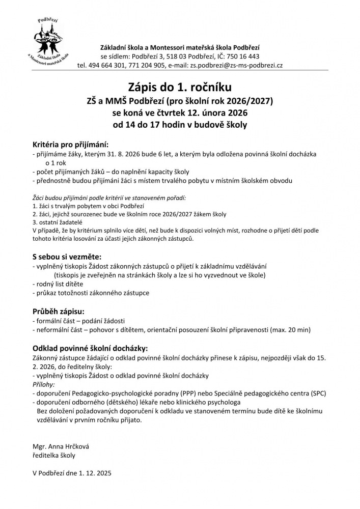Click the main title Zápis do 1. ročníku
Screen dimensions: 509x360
(179, 86)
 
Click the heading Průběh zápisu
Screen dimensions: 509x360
(58, 311)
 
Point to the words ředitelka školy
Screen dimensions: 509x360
(53, 456)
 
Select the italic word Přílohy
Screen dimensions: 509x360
(43, 385)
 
